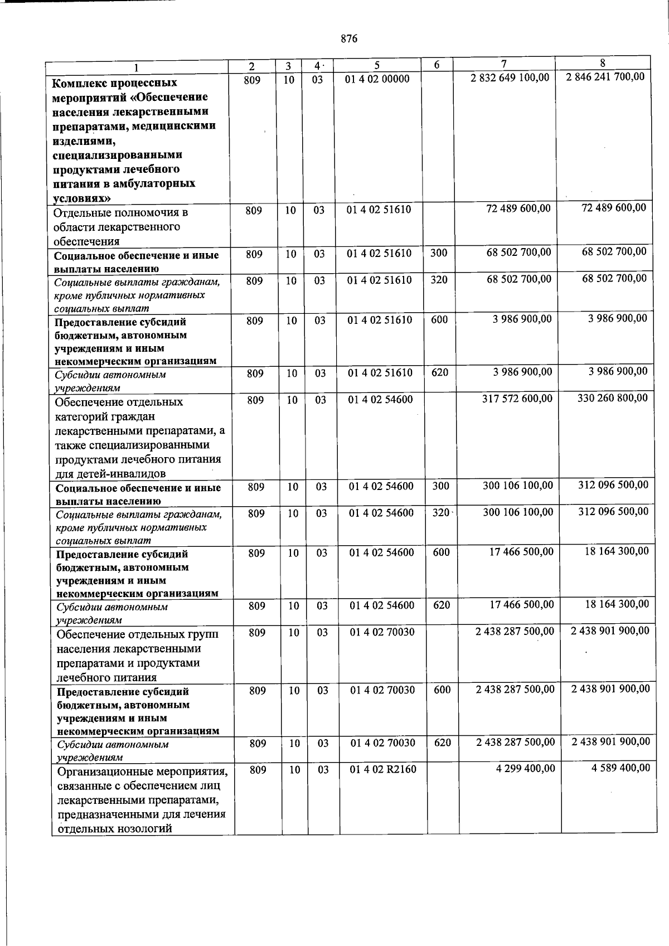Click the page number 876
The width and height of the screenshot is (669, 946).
pos(348,39)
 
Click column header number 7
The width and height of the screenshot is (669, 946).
pos(503,65)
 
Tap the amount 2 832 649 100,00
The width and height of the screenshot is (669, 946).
pos(510,77)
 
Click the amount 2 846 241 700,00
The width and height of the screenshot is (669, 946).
pos(605,76)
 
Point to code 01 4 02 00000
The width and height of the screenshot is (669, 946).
pos(377,79)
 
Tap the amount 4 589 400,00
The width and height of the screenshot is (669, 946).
pos(620,768)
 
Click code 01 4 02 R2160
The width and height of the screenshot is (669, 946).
pos(383,770)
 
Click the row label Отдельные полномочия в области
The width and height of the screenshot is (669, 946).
pos(120,227)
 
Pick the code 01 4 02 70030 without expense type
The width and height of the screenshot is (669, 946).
pos(382,632)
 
